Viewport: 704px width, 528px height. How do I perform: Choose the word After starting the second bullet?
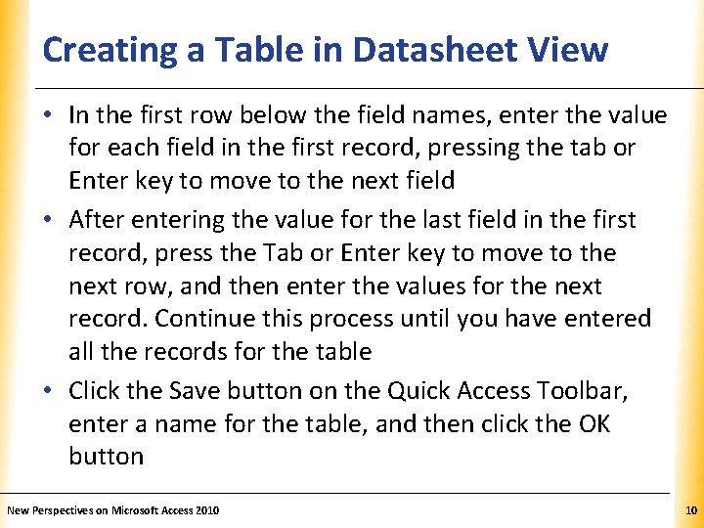pos(98,219)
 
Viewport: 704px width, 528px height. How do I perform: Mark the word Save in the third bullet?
pos(195,391)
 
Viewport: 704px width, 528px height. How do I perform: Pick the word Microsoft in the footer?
pos(140,510)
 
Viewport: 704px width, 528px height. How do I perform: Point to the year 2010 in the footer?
pos(208,510)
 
